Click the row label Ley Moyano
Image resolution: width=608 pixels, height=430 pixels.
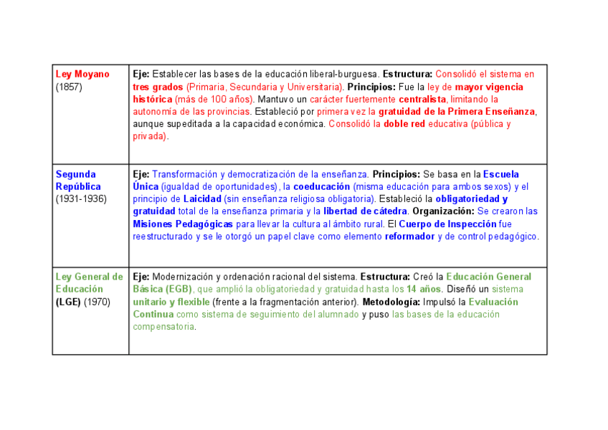82,75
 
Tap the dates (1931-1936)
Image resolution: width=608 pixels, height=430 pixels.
81,199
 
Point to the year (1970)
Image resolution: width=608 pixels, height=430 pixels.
97,302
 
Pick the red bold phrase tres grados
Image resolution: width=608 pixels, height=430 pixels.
158,87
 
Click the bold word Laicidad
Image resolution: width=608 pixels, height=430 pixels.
204,199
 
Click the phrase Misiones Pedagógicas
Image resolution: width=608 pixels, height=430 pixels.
183,224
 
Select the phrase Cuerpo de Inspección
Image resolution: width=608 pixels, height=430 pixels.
447,224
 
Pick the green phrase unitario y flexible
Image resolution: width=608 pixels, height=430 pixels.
171,302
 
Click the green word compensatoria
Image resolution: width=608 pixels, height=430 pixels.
163,327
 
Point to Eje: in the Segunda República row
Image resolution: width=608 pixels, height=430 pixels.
141,174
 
